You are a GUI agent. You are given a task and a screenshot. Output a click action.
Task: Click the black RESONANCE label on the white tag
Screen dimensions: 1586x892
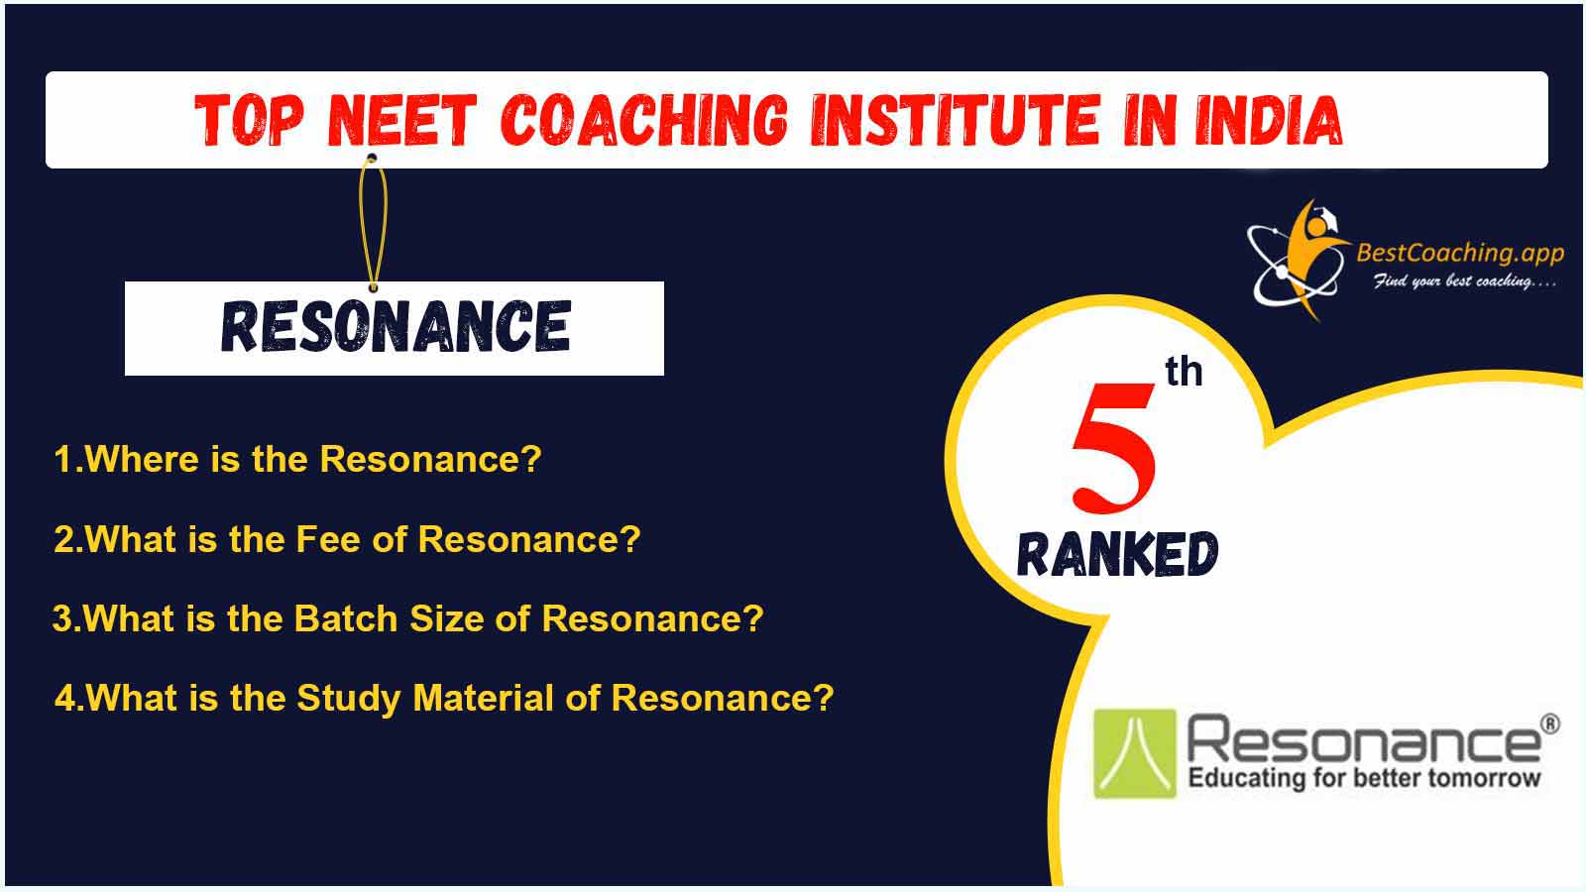tap(396, 326)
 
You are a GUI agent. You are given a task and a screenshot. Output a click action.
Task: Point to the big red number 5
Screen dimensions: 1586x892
tap(1114, 447)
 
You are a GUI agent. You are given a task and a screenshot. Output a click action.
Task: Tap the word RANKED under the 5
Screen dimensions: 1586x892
tap(1118, 553)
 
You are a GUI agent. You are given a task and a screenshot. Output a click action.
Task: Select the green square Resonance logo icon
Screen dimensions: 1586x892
tap(1135, 753)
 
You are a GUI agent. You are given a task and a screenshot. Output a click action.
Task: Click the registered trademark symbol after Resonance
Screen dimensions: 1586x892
tap(1550, 724)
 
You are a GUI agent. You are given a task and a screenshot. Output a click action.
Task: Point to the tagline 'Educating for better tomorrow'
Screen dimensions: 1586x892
tap(1364, 777)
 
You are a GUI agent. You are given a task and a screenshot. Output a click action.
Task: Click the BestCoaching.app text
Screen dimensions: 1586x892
tap(1460, 252)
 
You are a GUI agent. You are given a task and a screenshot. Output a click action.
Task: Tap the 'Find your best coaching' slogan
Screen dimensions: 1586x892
tap(1464, 281)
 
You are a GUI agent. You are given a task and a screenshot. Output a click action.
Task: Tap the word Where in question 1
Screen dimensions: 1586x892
tap(142, 459)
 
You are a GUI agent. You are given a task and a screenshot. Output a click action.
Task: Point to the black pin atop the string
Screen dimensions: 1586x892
tap(372, 158)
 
